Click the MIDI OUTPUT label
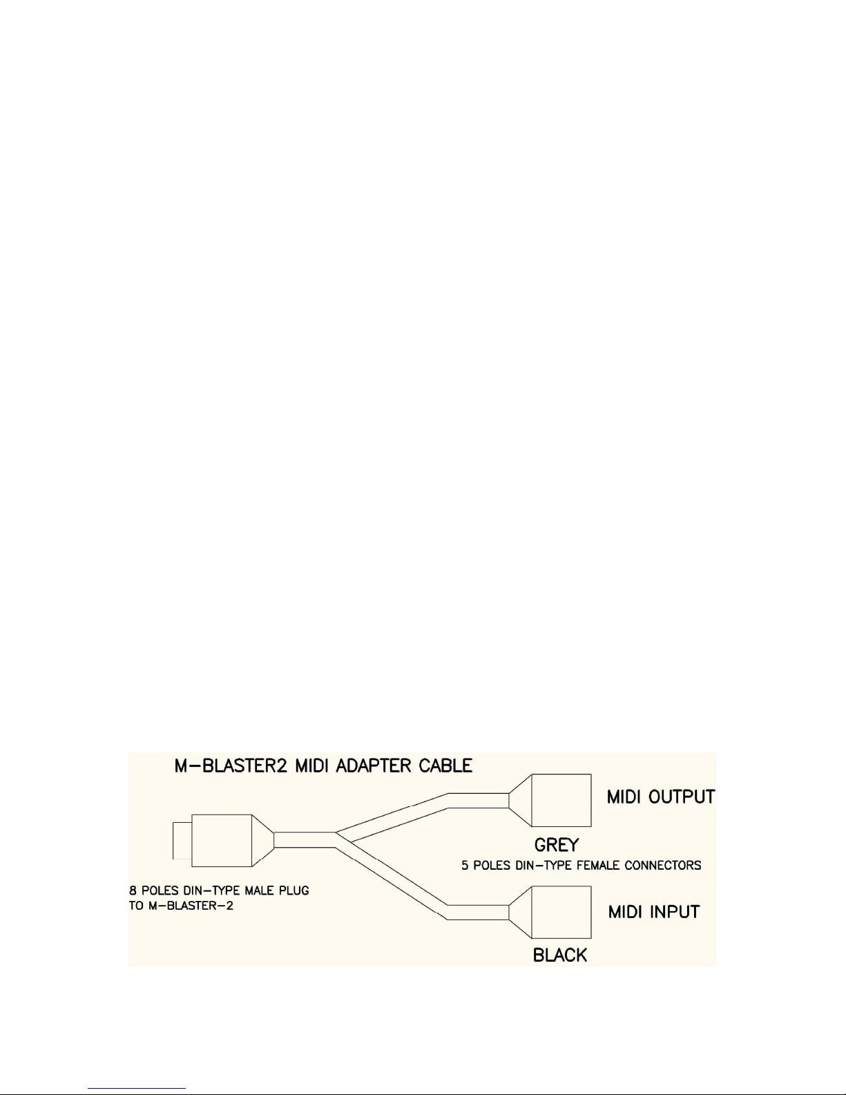click(660, 797)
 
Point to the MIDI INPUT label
click(653, 911)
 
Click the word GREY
click(555, 844)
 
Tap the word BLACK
click(560, 955)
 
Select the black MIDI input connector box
click(561, 912)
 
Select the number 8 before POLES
click(133, 891)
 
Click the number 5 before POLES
click(465, 865)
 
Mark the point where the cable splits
click(337, 839)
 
